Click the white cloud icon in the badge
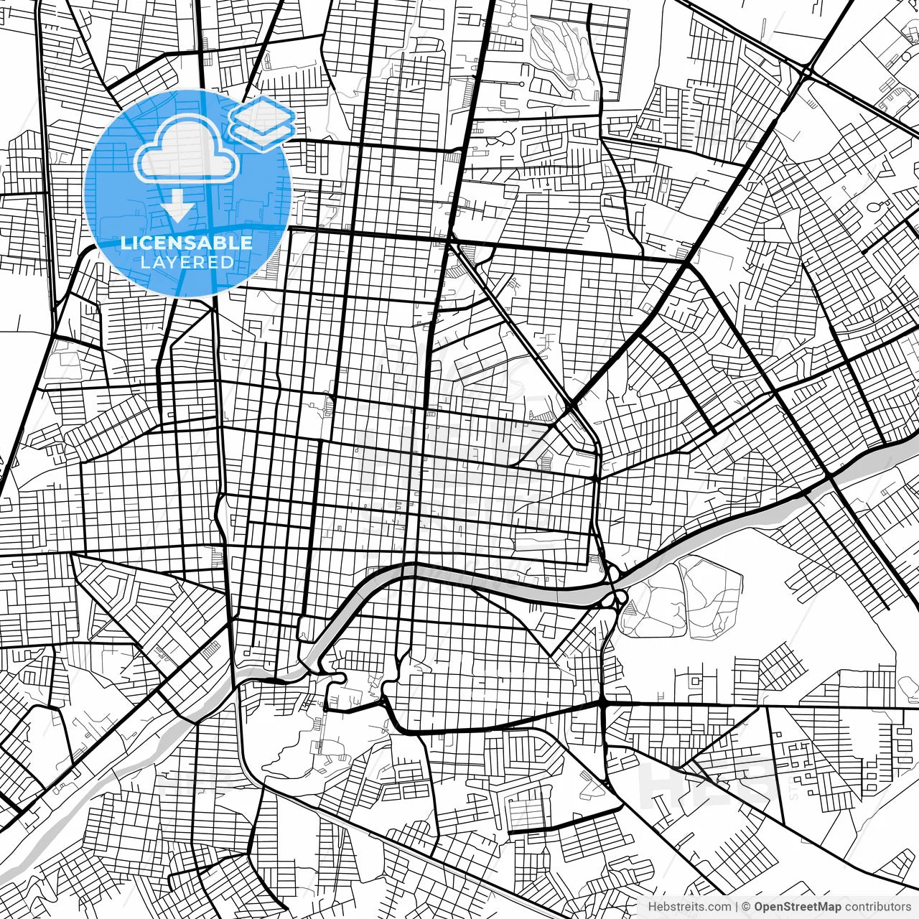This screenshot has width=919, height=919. [187, 151]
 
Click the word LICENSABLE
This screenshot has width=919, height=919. [187, 243]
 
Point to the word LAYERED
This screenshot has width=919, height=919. [187, 262]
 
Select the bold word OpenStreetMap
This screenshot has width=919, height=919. [798, 907]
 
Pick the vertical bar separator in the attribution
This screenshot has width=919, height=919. [737, 907]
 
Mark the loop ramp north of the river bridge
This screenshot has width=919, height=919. [612, 574]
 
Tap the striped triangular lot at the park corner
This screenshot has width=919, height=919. [630, 607]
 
